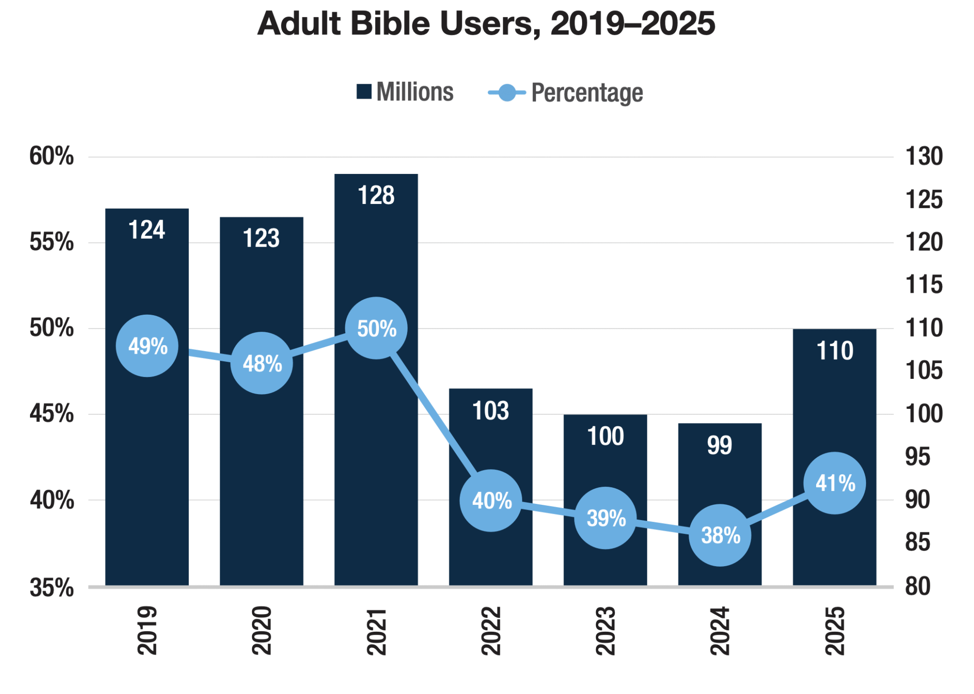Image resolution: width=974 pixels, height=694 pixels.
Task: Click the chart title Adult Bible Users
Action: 486,24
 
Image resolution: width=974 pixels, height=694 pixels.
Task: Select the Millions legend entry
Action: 405,92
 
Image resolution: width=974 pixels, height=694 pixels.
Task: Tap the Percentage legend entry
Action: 566,93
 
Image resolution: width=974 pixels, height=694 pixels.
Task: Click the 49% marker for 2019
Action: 147,346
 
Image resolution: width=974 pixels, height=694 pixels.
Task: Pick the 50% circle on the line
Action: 376,328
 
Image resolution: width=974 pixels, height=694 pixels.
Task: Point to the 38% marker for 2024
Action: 720,536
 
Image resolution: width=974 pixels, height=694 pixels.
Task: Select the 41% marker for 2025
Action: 835,483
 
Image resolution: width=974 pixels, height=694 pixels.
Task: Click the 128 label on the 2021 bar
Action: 376,195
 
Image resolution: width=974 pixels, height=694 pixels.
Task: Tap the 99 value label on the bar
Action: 719,445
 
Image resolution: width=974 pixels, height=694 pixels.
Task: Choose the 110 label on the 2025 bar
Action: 835,351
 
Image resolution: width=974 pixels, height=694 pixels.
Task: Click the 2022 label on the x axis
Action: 491,631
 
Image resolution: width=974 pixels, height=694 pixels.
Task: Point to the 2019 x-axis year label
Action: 147,631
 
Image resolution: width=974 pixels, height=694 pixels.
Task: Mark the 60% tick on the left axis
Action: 51,156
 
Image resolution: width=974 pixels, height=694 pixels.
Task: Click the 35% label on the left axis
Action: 51,588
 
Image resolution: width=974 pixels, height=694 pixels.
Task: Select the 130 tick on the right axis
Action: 924,156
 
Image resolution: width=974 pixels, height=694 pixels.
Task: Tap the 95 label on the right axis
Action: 917,457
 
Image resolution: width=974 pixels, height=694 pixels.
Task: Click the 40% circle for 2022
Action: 491,501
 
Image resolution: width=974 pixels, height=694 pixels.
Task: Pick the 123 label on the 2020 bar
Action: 261,238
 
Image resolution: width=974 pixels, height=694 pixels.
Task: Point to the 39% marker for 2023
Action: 605,518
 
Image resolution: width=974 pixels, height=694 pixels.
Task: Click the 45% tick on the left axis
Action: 51,414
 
